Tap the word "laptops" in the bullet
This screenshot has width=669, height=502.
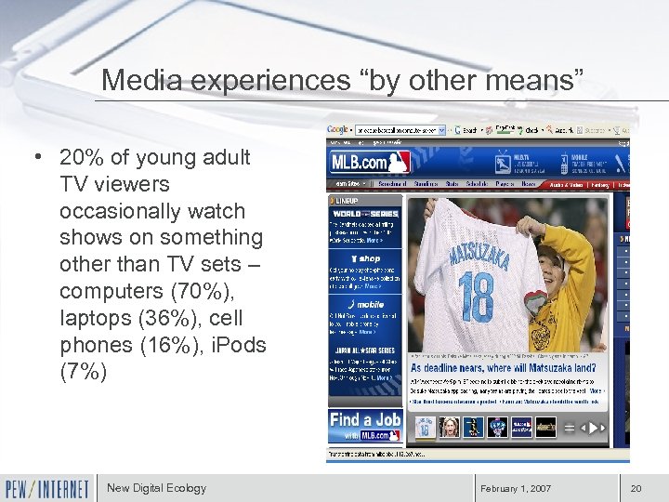tap(95, 318)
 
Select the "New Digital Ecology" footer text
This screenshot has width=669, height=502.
tap(156, 488)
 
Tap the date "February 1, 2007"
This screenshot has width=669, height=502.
tap(515, 488)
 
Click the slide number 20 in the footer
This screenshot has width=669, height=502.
tap(636, 488)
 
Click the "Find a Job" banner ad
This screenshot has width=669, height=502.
tap(364, 425)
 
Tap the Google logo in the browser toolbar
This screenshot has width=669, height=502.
tap(338, 130)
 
